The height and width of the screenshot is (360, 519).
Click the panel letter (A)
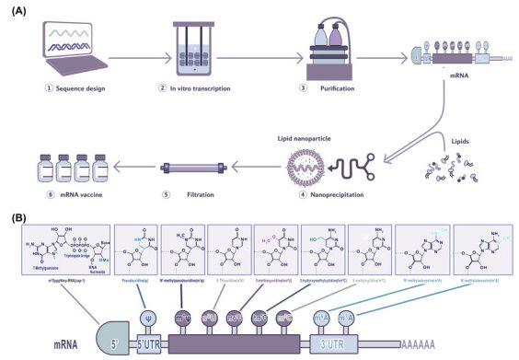16,8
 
